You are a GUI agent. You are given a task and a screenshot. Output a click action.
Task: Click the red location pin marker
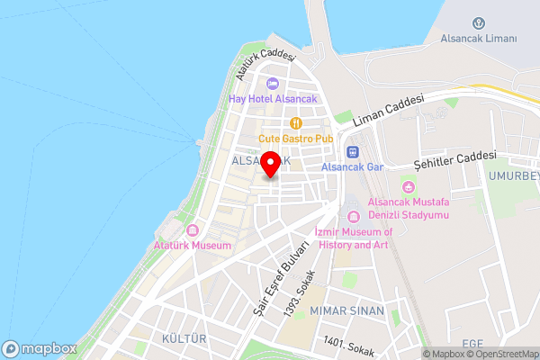[x=269, y=166]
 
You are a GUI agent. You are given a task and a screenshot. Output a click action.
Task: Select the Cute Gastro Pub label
[x=295, y=139]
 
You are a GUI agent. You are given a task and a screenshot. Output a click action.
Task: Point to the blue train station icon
[x=353, y=152]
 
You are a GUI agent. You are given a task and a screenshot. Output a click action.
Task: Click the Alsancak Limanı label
[x=479, y=39]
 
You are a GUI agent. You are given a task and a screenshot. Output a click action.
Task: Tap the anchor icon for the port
[x=479, y=22]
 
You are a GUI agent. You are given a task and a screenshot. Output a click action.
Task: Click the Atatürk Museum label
[x=193, y=245]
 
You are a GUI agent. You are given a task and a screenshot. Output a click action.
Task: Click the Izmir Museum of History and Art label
[x=354, y=238]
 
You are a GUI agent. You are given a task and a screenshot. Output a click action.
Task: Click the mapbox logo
[x=40, y=348]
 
